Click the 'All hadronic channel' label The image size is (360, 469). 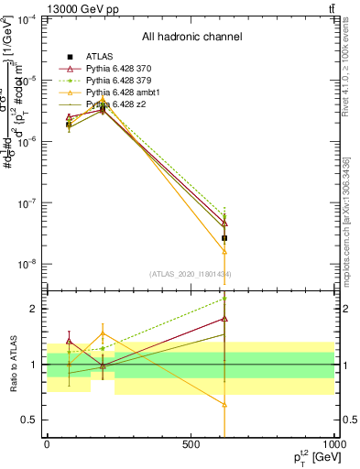(x=191, y=37)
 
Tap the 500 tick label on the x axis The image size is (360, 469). (x=191, y=446)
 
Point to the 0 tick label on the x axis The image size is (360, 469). (x=47, y=446)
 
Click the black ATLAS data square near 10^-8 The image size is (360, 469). (x=225, y=238)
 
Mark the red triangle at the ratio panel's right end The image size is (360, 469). (x=225, y=319)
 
